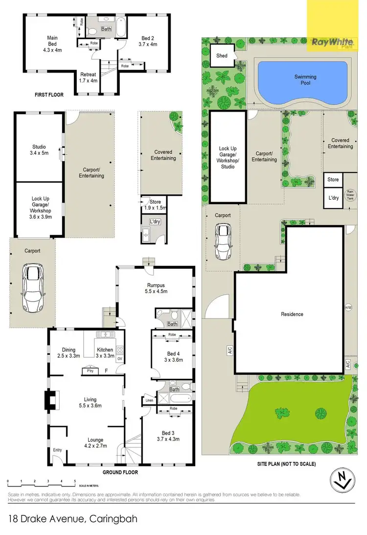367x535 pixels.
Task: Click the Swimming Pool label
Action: [305, 80]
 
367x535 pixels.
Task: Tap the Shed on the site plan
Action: [222, 56]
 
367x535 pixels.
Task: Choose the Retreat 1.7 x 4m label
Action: [89, 77]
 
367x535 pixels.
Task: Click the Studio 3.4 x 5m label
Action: [39, 150]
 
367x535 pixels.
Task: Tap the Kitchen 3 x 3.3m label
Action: [105, 353]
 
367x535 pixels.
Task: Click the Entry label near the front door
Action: [58, 450]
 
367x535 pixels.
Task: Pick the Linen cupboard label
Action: [149, 400]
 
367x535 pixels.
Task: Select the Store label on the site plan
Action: [333, 180]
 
